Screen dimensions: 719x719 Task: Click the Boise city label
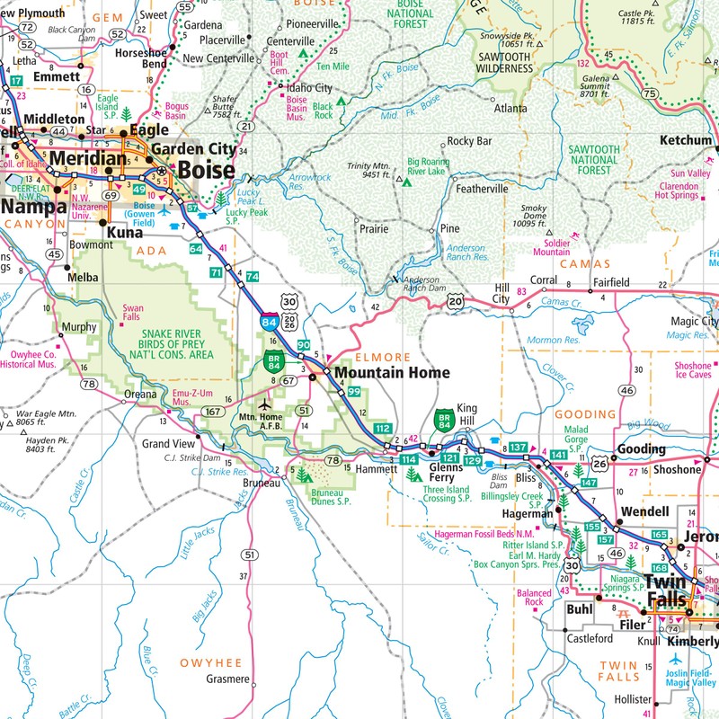click(x=207, y=170)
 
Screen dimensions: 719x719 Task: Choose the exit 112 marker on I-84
click(x=383, y=428)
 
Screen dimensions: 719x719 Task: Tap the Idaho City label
click(x=309, y=88)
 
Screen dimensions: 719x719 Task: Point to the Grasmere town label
click(x=226, y=679)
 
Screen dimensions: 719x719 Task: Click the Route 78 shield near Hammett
click(x=333, y=461)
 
